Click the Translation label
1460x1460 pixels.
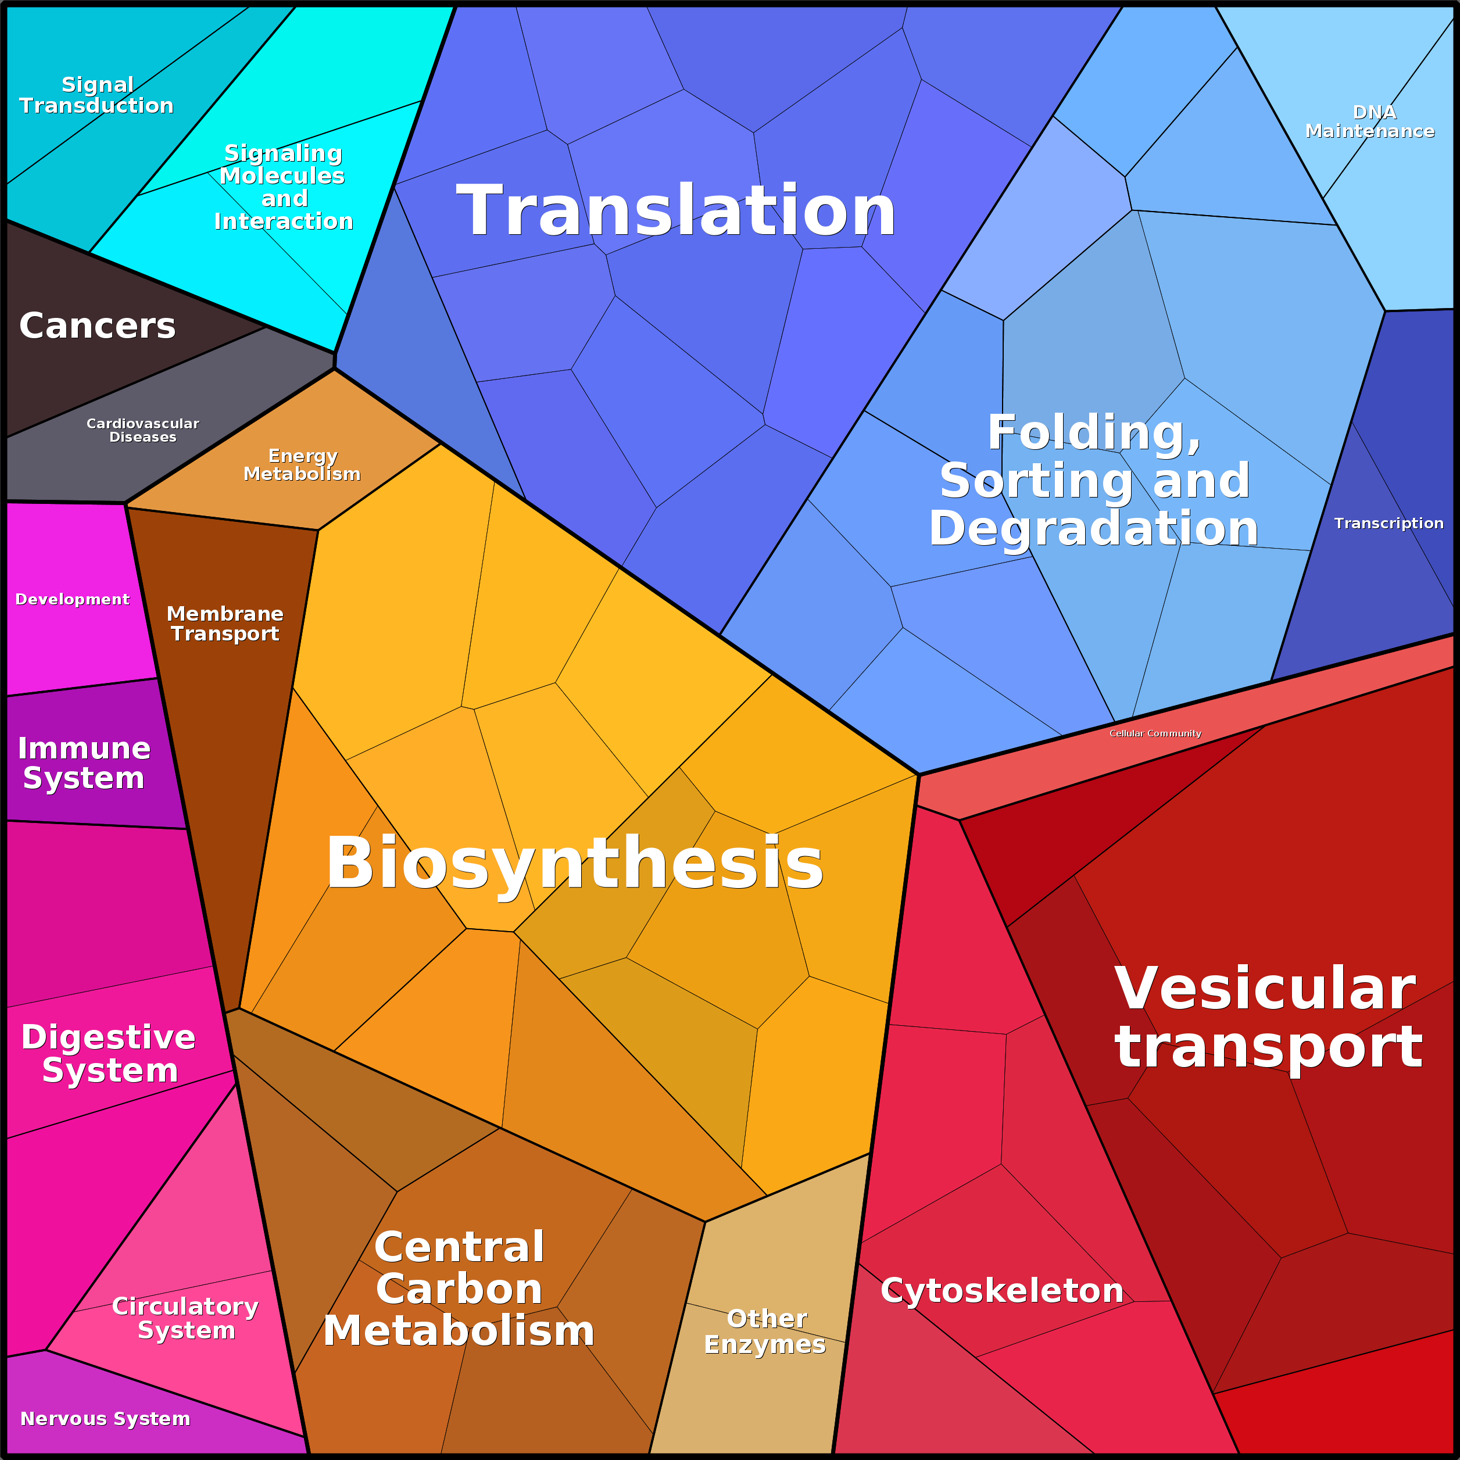coord(677,212)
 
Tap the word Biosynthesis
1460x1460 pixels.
coord(574,863)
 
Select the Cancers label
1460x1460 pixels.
coord(98,325)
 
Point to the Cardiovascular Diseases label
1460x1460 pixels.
coord(143,430)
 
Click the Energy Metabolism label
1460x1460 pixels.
coord(302,465)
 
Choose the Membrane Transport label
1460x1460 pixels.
coord(225,624)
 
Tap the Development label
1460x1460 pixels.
coord(73,599)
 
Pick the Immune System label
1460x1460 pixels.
coord(84,763)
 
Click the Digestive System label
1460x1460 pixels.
coord(109,1053)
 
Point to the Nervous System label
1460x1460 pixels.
coord(105,1418)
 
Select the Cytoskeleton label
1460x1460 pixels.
coord(1002,1290)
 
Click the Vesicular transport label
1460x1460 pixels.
coord(1268,1017)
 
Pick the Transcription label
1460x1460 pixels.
coord(1388,523)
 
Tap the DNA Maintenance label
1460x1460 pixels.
coord(1370,121)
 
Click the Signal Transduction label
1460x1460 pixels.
coord(96,95)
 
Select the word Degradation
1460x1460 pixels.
coord(1093,528)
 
